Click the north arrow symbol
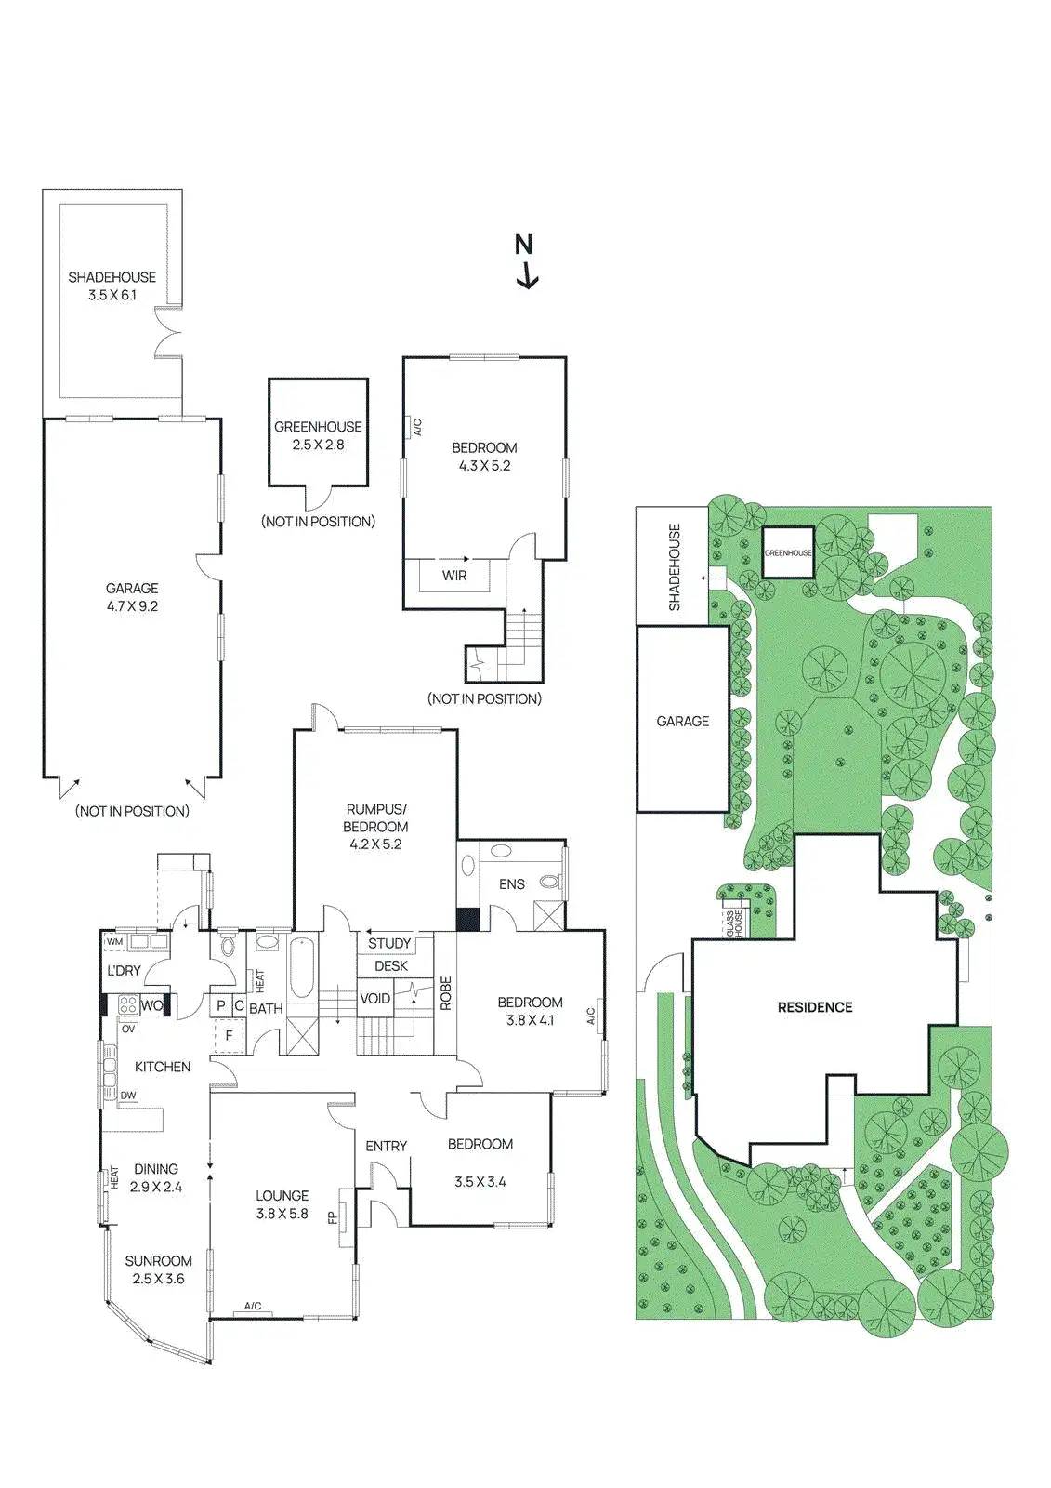526,261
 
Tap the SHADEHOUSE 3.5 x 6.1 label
112,286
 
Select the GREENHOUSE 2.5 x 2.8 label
318,435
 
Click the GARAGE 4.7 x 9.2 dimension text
132,606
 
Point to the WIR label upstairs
454,576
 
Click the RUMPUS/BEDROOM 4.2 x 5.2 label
375,826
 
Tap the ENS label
512,883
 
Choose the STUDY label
389,943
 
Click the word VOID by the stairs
375,999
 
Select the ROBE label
446,993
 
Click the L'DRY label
124,971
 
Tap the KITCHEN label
163,1067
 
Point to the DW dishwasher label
127,1096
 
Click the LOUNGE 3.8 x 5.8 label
282,1204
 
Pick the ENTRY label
386,1146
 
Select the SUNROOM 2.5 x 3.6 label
158,1269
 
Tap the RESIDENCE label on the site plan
815,1007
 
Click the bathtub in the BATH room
301,970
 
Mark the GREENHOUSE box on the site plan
788,552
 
